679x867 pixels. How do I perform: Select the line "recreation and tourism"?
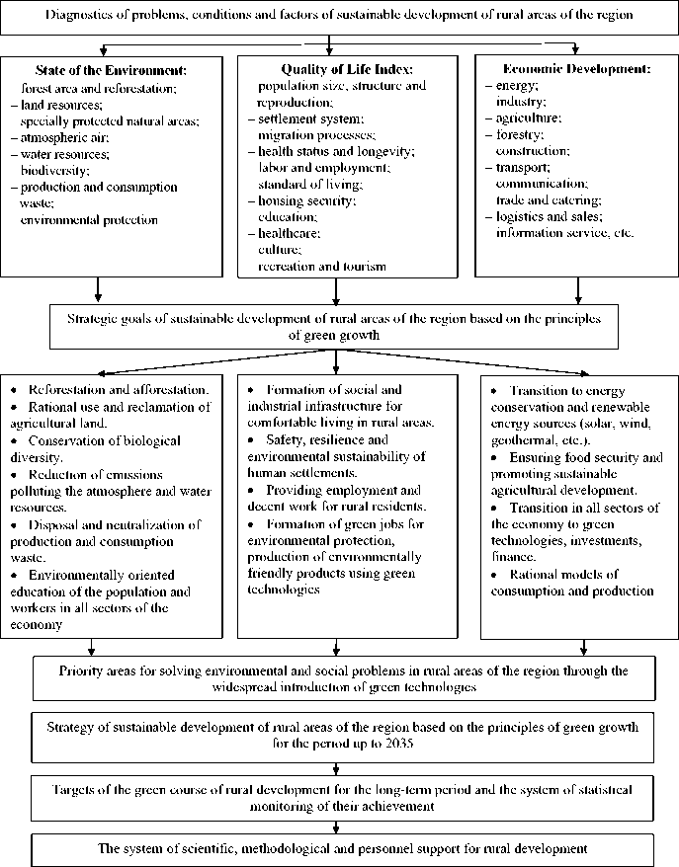(x=321, y=267)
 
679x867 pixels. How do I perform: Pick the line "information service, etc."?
(x=564, y=233)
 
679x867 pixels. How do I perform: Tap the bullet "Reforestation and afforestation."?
(x=118, y=390)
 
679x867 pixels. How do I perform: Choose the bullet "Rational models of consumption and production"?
(x=573, y=583)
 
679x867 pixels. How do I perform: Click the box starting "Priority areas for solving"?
(x=338, y=678)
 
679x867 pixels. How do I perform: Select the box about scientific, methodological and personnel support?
(x=338, y=849)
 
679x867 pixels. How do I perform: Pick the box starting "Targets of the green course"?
(x=338, y=798)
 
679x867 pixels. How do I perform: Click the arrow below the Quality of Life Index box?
(x=337, y=289)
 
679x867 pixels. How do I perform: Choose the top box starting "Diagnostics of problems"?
(x=338, y=18)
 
